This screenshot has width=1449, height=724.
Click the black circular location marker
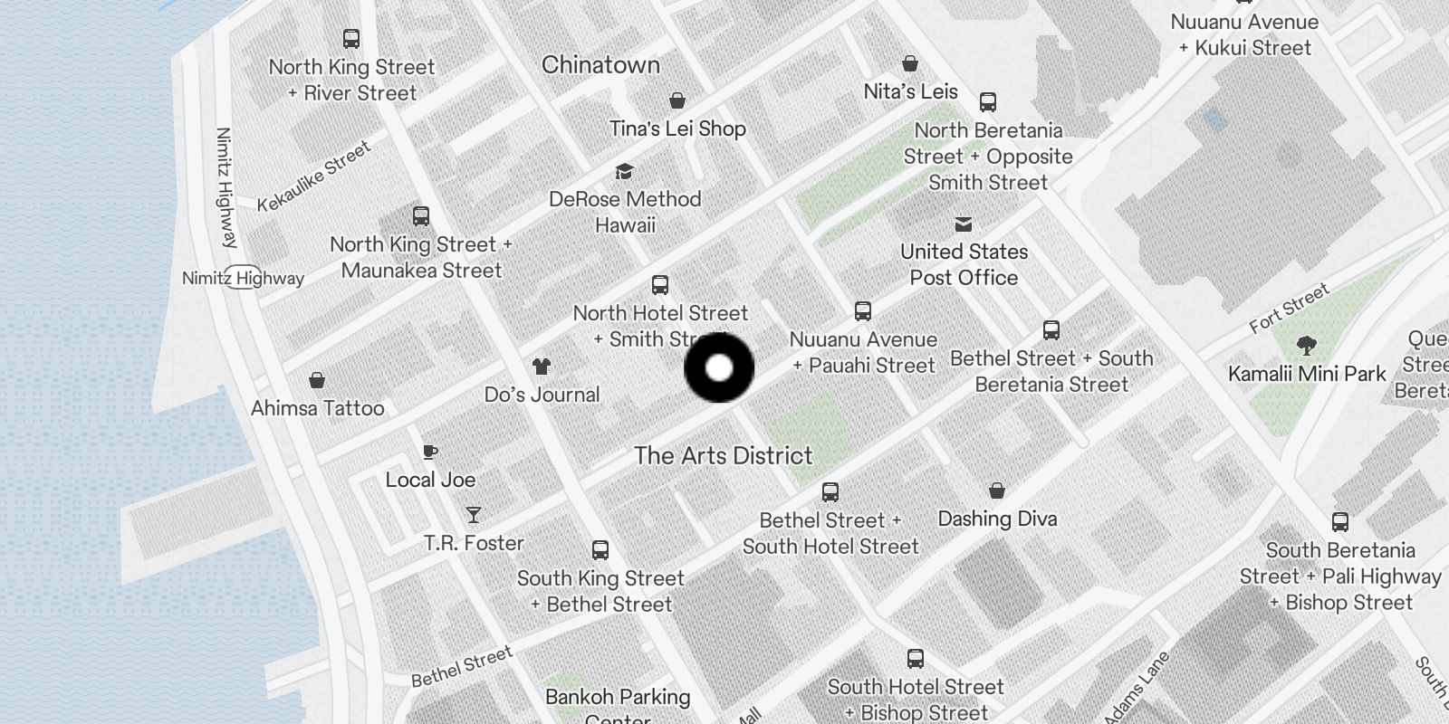pyautogui.click(x=719, y=367)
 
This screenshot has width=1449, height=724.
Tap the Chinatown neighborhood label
pyautogui.click(x=600, y=65)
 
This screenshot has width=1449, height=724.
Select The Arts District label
pyautogui.click(x=723, y=455)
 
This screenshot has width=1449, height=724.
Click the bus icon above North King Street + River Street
pyautogui.click(x=351, y=39)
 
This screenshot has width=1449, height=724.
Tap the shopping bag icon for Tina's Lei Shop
pyautogui.click(x=677, y=100)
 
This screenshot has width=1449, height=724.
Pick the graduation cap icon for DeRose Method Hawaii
pyautogui.click(x=624, y=172)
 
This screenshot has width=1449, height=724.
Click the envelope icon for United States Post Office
pyautogui.click(x=964, y=224)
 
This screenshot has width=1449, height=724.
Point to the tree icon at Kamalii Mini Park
pyautogui.click(x=1306, y=345)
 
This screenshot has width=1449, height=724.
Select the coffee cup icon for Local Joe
pyautogui.click(x=430, y=452)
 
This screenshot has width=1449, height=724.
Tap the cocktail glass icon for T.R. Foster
pyautogui.click(x=474, y=515)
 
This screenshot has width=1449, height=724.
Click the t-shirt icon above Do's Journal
pyautogui.click(x=542, y=367)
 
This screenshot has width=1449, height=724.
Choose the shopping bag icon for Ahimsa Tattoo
pyautogui.click(x=317, y=380)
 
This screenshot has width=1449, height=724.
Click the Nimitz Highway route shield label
pyautogui.click(x=243, y=278)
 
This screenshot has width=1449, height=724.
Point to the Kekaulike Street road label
pyautogui.click(x=313, y=176)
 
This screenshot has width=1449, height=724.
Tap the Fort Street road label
pyautogui.click(x=1289, y=308)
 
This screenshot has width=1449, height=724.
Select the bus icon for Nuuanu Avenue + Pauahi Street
pyautogui.click(x=863, y=311)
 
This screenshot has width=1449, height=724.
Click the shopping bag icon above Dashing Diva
pyautogui.click(x=997, y=491)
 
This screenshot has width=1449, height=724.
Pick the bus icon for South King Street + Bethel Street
pyautogui.click(x=600, y=550)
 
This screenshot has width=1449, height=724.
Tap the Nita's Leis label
pyautogui.click(x=910, y=91)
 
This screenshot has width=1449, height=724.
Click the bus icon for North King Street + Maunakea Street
pyautogui.click(x=421, y=216)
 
